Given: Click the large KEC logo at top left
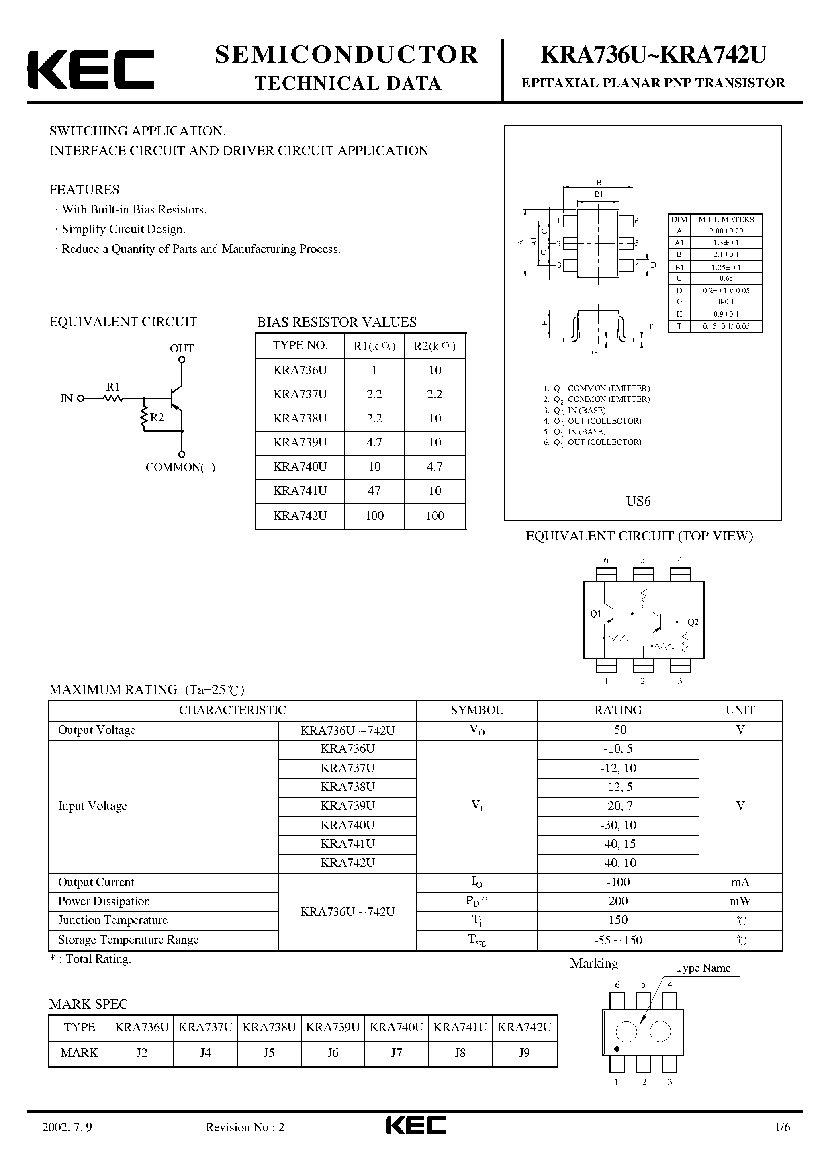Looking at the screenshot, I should [x=90, y=69].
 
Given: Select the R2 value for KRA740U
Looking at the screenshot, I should [x=434, y=467].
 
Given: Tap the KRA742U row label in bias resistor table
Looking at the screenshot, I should [x=300, y=515].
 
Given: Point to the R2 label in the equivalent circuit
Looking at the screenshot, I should [x=157, y=418].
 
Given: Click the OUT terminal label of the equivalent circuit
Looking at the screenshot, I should [x=182, y=348].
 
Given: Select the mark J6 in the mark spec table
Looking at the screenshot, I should [x=333, y=1053].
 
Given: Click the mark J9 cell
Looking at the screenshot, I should [x=524, y=1053].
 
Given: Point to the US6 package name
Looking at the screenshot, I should [x=638, y=501].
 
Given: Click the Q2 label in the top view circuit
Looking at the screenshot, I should [x=693, y=622].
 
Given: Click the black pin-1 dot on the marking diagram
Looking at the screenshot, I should [x=617, y=1049].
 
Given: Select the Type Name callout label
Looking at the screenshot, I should [x=703, y=968].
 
